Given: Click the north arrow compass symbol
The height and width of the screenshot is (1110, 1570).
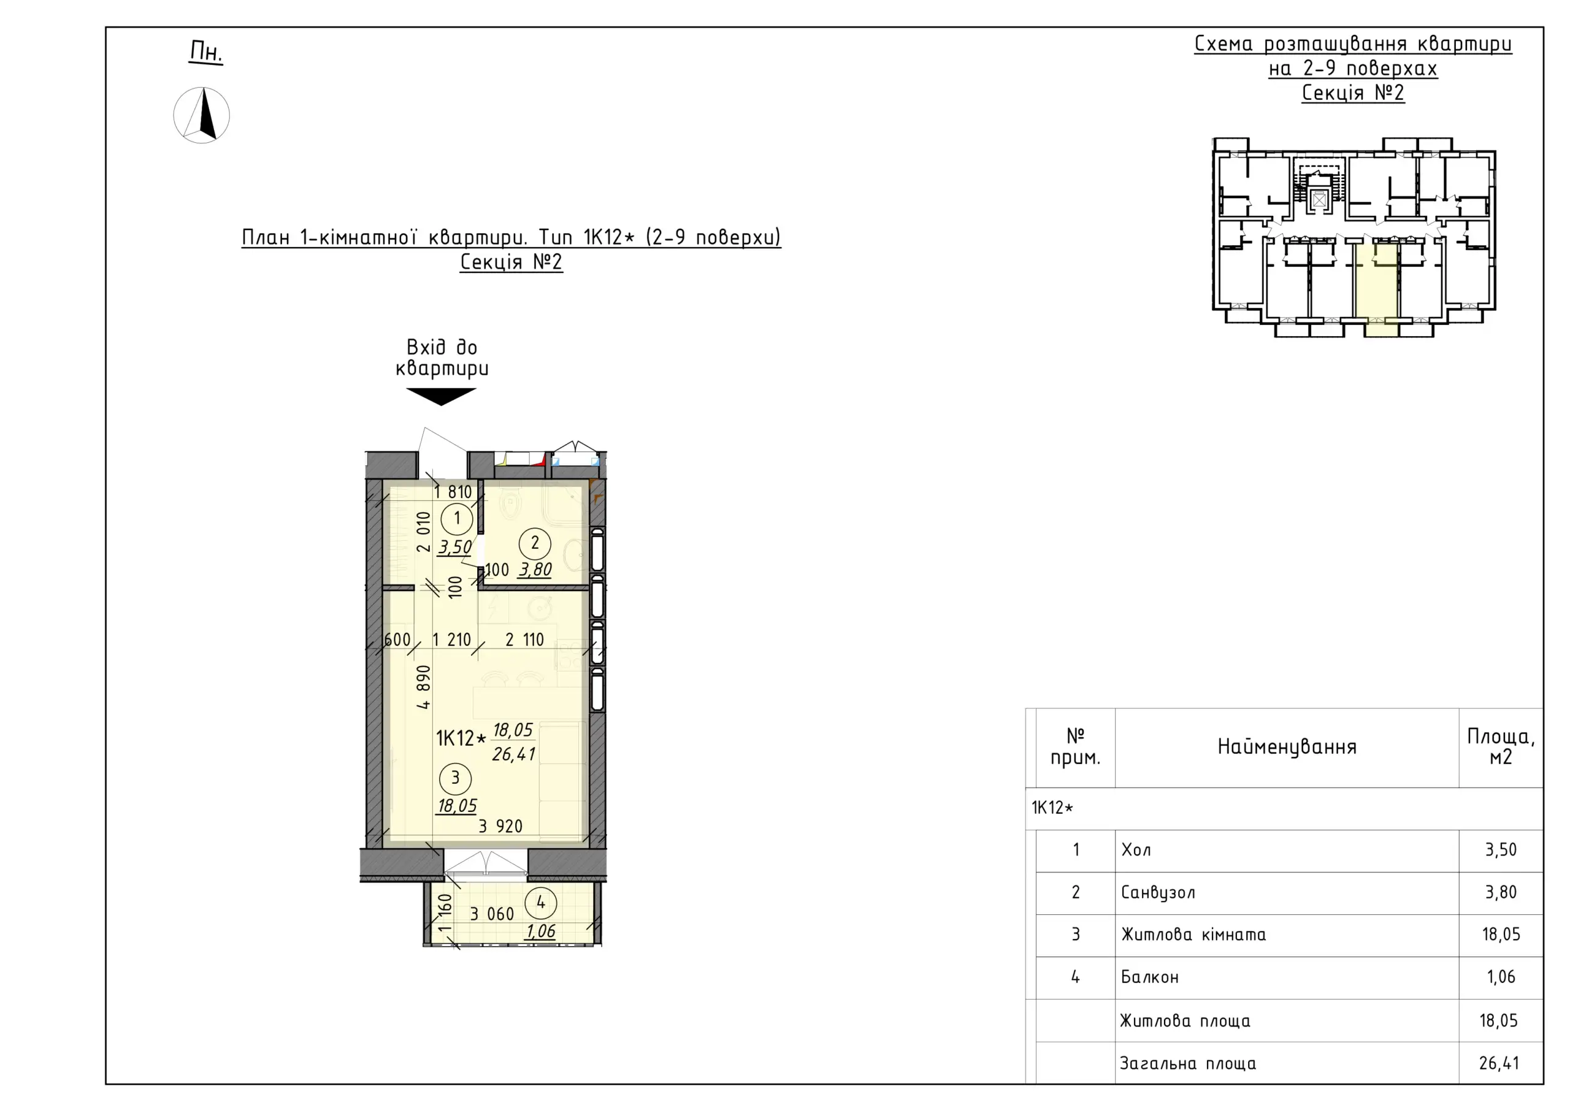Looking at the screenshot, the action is pos(201,115).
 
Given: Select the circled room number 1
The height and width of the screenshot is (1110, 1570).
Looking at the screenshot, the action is pos(457,518).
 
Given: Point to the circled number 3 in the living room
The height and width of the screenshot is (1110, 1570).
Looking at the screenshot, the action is pos(456,778).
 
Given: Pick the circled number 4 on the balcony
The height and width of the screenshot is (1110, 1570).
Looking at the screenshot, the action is pos(541,903).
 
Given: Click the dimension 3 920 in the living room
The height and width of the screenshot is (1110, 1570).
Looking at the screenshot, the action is pos(500,826).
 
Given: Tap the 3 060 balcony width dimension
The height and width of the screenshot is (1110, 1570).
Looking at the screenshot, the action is pos(492,914).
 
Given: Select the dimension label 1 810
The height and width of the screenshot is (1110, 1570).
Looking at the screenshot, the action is pos(453,492).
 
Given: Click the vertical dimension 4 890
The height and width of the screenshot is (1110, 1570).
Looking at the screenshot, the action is pos(424,687).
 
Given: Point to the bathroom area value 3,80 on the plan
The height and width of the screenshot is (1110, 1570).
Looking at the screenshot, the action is pos(535,570).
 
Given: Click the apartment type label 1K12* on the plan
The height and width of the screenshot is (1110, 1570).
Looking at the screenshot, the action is pos(462,738).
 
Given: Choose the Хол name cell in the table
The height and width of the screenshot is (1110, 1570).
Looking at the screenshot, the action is pos(1136,850).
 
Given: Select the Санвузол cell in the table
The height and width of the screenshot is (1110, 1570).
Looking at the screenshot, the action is pos(1158,892).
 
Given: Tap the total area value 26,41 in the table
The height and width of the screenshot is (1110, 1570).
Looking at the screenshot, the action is pos(1499,1063).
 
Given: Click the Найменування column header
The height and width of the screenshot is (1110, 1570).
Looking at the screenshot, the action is pos(1287,747).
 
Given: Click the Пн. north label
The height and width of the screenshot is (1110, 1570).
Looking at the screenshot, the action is pos(207,52).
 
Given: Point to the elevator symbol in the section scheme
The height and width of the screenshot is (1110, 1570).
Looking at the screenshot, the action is pos(1319,200).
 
